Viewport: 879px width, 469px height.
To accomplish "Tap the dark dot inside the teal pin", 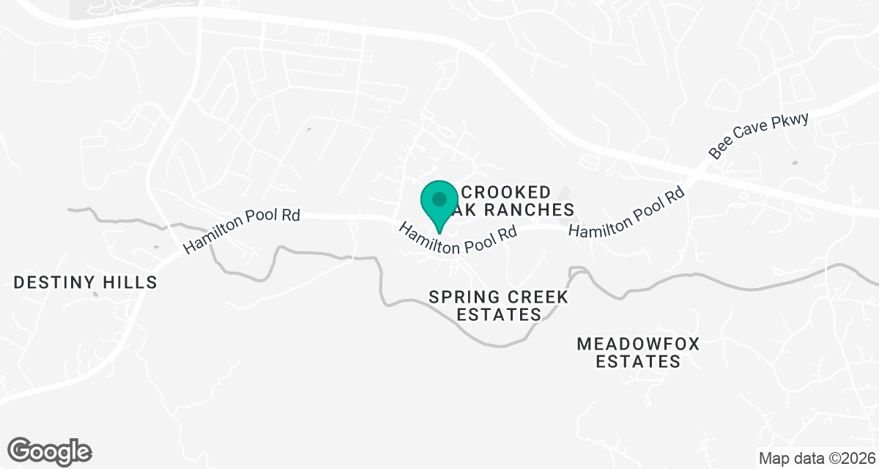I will (x=439, y=199).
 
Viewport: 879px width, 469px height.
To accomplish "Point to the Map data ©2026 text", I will (x=817, y=459).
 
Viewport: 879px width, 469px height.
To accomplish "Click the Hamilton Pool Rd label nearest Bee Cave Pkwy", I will (x=626, y=213).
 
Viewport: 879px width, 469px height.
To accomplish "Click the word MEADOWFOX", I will (x=628, y=344).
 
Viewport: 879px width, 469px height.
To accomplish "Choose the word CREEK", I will (x=533, y=298).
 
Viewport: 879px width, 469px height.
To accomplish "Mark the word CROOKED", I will (x=505, y=193).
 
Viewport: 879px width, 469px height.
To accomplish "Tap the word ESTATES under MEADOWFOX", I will (x=637, y=361).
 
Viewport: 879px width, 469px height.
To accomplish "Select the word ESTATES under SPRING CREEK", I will (x=499, y=315).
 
